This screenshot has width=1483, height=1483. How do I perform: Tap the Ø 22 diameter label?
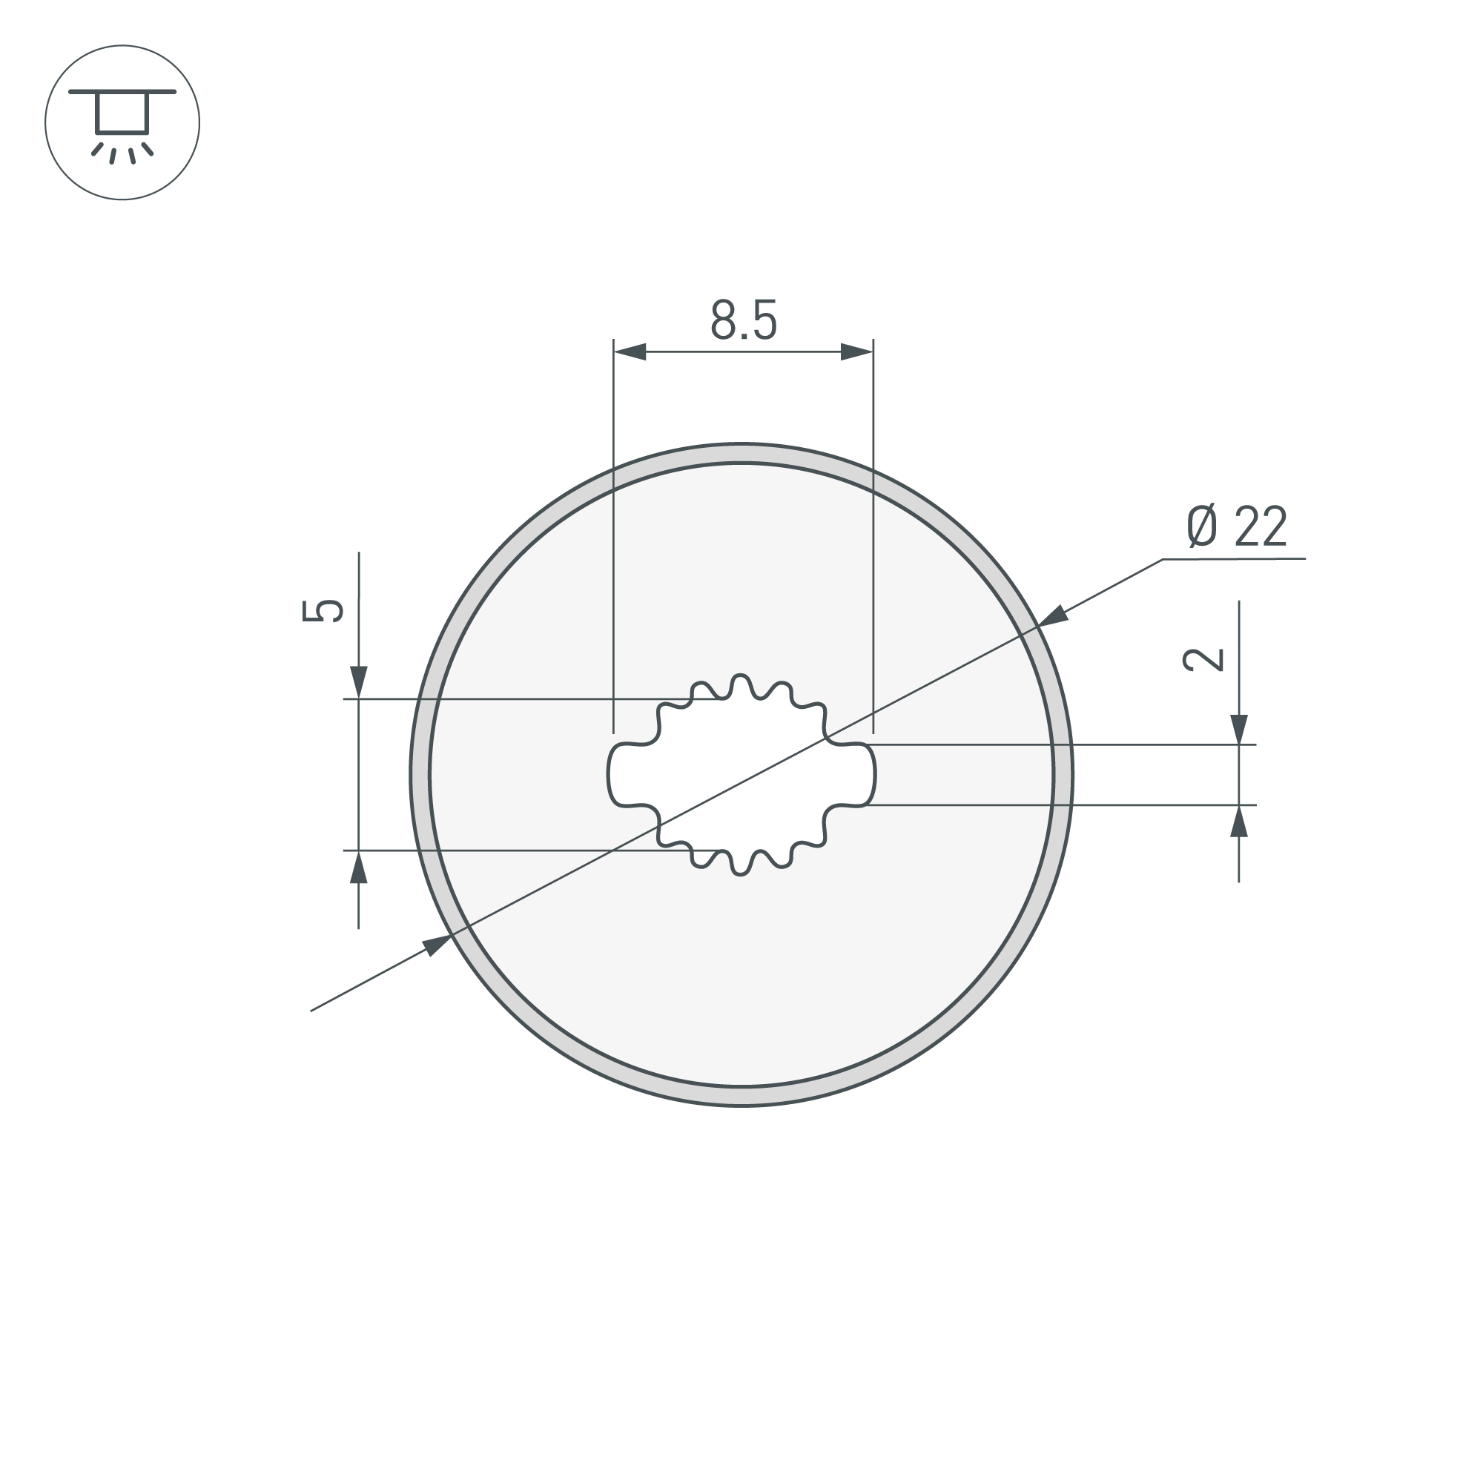pyautogui.click(x=1237, y=526)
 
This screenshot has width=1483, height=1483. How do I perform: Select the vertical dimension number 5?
pyautogui.click(x=323, y=610)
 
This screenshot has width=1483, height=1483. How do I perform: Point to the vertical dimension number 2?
pyautogui.click(x=1203, y=659)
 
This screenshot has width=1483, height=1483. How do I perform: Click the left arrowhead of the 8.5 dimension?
pyautogui.click(x=630, y=351)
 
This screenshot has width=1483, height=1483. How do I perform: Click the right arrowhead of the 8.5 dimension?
pyautogui.click(x=857, y=351)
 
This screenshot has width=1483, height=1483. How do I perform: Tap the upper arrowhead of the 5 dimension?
pyautogui.click(x=358, y=682)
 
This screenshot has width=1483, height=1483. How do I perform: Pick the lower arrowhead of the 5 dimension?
pyautogui.click(x=358, y=868)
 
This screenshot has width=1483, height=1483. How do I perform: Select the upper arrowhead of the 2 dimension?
pyautogui.click(x=1239, y=729)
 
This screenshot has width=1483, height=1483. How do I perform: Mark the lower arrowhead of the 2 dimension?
pyautogui.click(x=1239, y=821)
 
